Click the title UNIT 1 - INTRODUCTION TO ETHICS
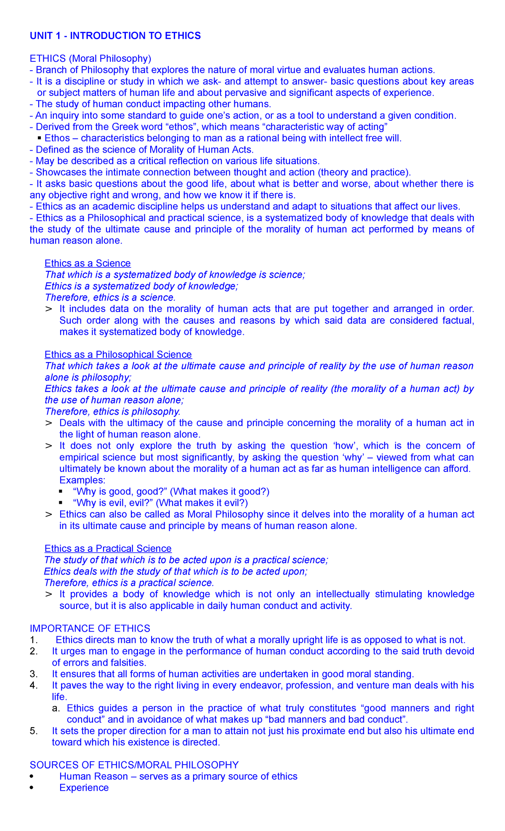115,36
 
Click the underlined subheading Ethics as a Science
88,263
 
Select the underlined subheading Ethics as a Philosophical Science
118,355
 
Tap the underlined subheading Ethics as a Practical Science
108,548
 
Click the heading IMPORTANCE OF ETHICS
90,628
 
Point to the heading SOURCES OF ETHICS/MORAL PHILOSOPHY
134,765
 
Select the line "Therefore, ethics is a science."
110,297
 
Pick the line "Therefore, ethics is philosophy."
112,411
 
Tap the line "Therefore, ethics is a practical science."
129,582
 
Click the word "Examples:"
82,480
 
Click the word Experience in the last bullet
84,787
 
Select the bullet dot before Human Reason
32,776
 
